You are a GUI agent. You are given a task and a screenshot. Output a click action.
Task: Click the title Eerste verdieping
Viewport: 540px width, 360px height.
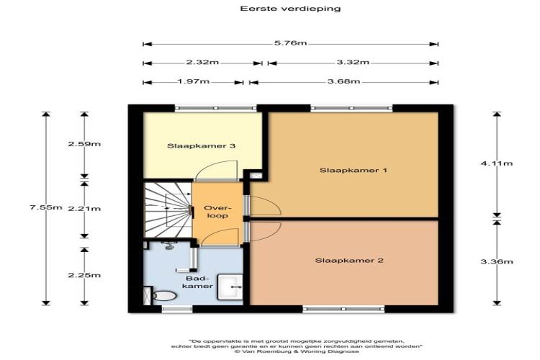(x=290, y=9)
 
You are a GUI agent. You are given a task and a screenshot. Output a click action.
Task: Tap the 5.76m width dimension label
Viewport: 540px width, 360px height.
(x=290, y=43)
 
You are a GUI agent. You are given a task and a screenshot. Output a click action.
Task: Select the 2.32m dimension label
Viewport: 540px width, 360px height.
(x=202, y=63)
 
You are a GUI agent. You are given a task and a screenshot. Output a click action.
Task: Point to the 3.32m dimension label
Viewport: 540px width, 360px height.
(x=353, y=63)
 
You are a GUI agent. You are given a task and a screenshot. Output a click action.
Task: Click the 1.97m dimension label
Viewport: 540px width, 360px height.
(x=193, y=81)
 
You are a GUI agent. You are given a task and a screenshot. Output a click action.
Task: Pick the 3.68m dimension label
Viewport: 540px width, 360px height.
(x=343, y=81)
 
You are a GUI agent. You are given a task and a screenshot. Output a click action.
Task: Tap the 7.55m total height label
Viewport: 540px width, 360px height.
(x=46, y=207)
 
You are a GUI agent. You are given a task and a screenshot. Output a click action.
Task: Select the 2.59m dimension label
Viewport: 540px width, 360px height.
(x=84, y=144)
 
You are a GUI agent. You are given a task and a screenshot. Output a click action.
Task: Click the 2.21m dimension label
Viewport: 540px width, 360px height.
(x=84, y=209)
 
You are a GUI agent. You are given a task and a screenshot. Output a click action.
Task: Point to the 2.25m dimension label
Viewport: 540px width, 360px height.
(x=84, y=275)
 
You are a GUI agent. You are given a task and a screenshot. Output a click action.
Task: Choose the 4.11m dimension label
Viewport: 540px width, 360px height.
(x=497, y=163)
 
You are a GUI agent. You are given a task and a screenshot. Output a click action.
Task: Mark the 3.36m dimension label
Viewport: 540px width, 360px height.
(x=497, y=261)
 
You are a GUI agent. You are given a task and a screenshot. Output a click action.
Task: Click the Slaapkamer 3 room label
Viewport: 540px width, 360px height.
(x=201, y=145)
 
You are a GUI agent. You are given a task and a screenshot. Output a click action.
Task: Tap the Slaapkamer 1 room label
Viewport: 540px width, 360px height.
(x=354, y=170)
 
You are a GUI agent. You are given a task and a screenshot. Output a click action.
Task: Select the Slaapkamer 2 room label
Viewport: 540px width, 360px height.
(x=349, y=261)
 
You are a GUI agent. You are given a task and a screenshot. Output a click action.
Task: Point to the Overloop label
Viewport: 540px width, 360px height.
(x=216, y=212)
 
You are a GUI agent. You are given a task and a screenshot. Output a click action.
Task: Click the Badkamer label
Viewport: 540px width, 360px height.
(x=197, y=282)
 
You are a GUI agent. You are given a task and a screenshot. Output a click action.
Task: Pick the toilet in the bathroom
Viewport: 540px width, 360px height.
(x=164, y=296)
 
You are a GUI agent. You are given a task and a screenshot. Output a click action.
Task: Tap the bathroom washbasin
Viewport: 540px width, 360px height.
(x=230, y=287)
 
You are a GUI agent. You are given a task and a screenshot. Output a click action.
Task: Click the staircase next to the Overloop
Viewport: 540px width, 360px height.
(x=168, y=210)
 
